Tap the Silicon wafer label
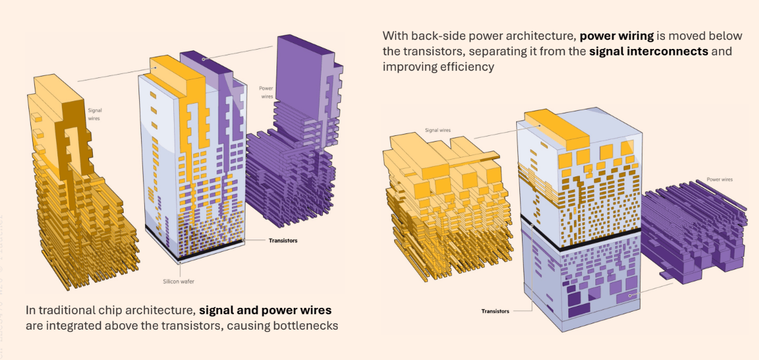178,281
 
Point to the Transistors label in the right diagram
495,311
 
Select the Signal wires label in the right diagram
437,130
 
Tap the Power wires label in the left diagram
267,92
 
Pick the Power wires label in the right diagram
720,180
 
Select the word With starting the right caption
396,35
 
